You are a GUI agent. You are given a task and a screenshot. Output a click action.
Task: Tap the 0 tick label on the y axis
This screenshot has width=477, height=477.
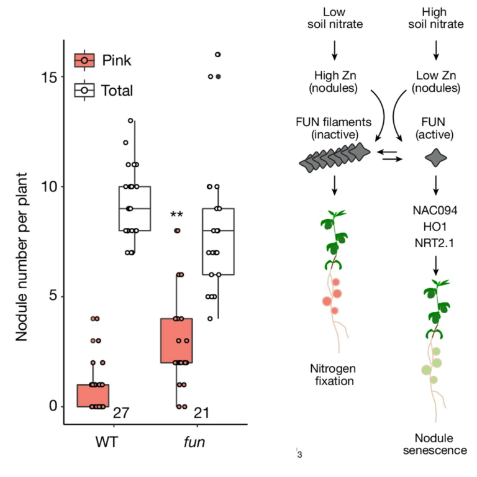(x=53, y=406)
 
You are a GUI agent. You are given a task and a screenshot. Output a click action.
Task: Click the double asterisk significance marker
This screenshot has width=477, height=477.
(x=176, y=216)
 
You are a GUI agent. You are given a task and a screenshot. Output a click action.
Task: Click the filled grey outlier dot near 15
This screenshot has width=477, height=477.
(x=218, y=76)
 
